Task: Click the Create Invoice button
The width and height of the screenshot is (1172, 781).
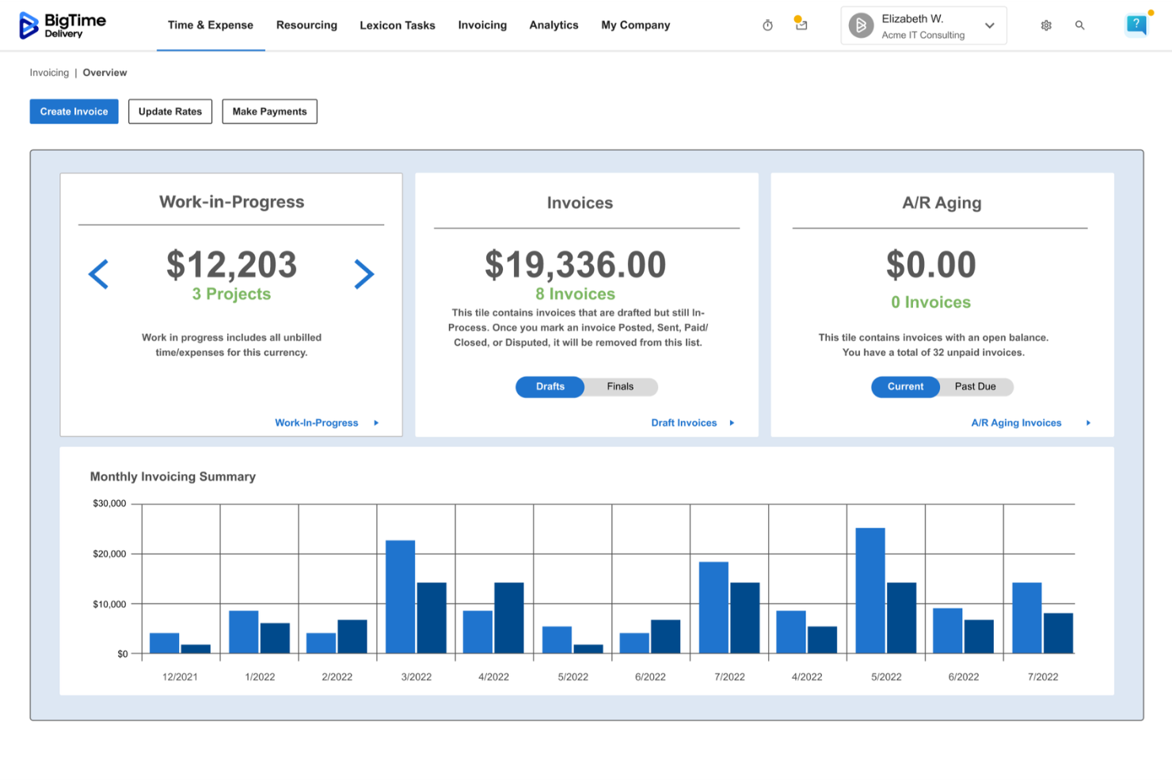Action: [74, 112]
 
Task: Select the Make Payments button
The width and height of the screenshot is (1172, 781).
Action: [269, 112]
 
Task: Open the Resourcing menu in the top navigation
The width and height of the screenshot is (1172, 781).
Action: [306, 25]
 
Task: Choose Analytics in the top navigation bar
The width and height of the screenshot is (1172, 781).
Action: [554, 25]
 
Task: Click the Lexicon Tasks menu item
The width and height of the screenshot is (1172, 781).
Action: [397, 25]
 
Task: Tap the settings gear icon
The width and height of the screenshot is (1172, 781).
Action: [1046, 25]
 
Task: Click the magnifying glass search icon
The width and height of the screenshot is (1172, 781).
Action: [1079, 25]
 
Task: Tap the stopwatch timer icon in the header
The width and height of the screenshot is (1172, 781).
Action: [767, 25]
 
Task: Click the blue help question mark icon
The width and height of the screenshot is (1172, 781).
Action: [1136, 25]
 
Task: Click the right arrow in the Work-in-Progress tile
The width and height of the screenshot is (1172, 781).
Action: [363, 275]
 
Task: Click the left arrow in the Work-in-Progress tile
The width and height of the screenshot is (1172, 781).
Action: [99, 275]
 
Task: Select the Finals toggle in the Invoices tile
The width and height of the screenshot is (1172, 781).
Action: [620, 387]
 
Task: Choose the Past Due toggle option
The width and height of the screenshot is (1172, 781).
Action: [975, 387]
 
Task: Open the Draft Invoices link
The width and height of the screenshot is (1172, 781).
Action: [684, 423]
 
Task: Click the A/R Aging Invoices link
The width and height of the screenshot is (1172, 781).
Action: [1016, 423]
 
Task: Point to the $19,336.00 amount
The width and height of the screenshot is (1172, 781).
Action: [576, 265]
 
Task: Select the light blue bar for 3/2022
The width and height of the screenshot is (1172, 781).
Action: [401, 597]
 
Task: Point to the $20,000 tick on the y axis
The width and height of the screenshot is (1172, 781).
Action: [109, 554]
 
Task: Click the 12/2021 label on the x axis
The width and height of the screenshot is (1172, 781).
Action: [180, 677]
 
